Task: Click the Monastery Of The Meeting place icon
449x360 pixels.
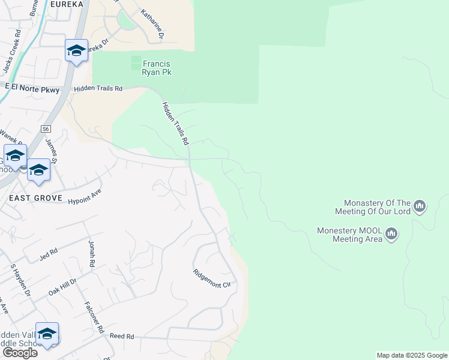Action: point(420,207)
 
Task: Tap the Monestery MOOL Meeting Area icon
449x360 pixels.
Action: point(391,233)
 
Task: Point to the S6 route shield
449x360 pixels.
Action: point(46,128)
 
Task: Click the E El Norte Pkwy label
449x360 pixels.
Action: point(32,89)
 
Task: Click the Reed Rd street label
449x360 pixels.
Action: point(121,337)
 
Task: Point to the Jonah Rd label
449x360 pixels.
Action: point(92,255)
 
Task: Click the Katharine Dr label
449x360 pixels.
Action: point(152,24)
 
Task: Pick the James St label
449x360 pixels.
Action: point(51,150)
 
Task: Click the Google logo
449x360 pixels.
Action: point(19,353)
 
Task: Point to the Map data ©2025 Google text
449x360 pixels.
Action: point(412,355)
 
